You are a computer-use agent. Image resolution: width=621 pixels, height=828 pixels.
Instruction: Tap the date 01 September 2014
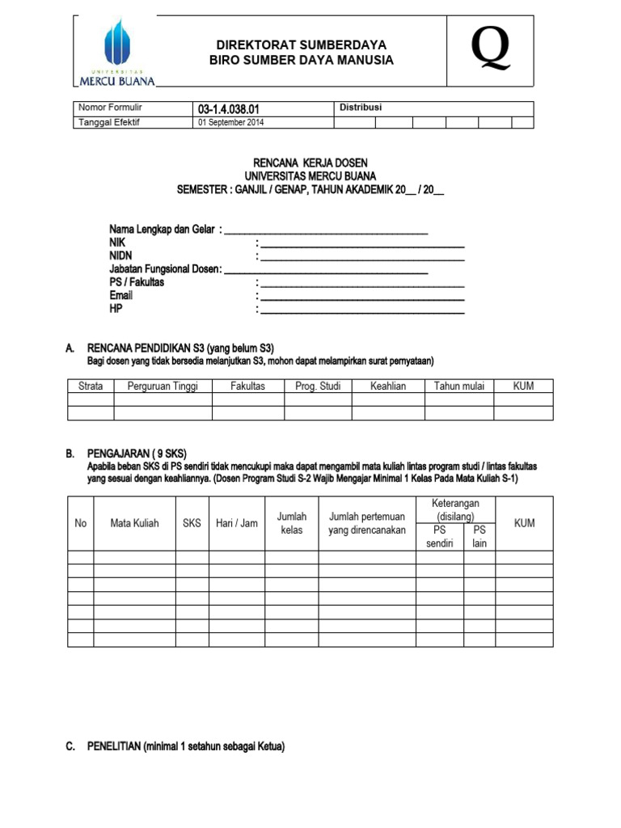click(x=231, y=123)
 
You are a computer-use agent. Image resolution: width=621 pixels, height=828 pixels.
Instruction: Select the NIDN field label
click(x=120, y=256)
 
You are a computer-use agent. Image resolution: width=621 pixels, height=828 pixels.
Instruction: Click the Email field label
click(x=121, y=295)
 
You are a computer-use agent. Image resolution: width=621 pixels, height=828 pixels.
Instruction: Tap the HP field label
click(x=116, y=309)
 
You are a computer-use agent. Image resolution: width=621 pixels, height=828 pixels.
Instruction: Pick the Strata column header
click(x=91, y=387)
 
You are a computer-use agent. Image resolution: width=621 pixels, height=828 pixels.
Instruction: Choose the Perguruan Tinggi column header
click(x=163, y=387)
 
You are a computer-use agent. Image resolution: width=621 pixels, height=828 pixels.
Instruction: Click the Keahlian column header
click(x=388, y=387)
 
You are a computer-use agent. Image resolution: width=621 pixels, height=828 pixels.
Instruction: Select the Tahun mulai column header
click(x=458, y=387)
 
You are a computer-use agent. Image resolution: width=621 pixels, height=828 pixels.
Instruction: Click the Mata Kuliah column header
click(x=134, y=523)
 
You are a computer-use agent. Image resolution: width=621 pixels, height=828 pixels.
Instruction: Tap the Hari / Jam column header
click(x=236, y=523)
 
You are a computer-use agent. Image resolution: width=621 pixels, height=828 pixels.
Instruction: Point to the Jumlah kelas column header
click(x=292, y=523)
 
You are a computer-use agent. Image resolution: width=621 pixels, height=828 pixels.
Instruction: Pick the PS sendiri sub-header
click(x=440, y=536)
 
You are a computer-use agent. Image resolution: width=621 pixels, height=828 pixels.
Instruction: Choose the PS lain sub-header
click(x=479, y=536)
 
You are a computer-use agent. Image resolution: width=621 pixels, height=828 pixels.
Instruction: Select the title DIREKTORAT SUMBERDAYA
click(x=301, y=45)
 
